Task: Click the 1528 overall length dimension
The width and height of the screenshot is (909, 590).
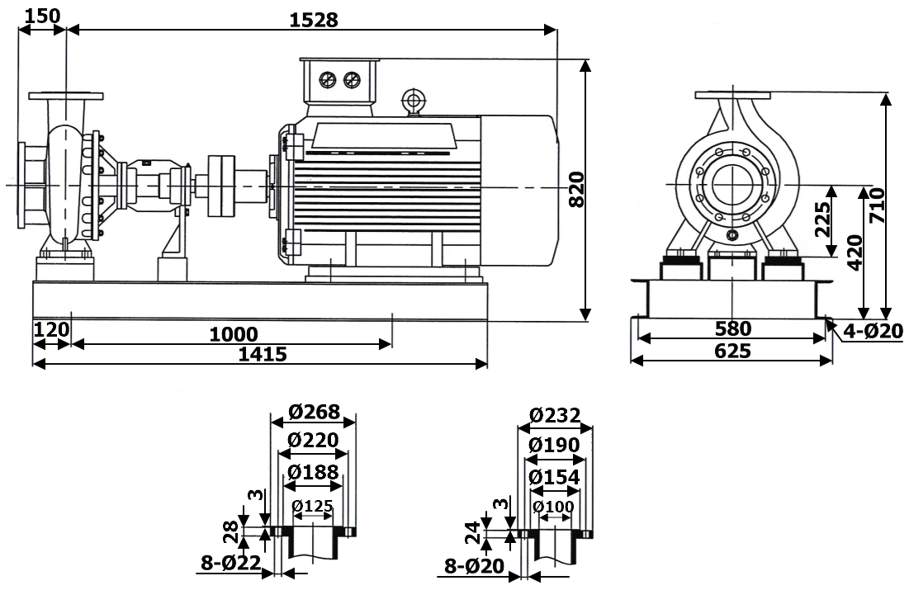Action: (314, 20)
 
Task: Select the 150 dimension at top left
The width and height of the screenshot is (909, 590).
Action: (41, 16)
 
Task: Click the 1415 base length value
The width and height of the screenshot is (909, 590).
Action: (262, 355)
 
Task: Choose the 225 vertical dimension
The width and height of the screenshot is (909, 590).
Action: (823, 219)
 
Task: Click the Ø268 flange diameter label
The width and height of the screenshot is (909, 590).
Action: (314, 411)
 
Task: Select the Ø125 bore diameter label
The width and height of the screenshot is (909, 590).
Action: (314, 505)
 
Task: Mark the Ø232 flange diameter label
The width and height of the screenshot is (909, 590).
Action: (555, 414)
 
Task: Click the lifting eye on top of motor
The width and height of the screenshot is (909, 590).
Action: (411, 100)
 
